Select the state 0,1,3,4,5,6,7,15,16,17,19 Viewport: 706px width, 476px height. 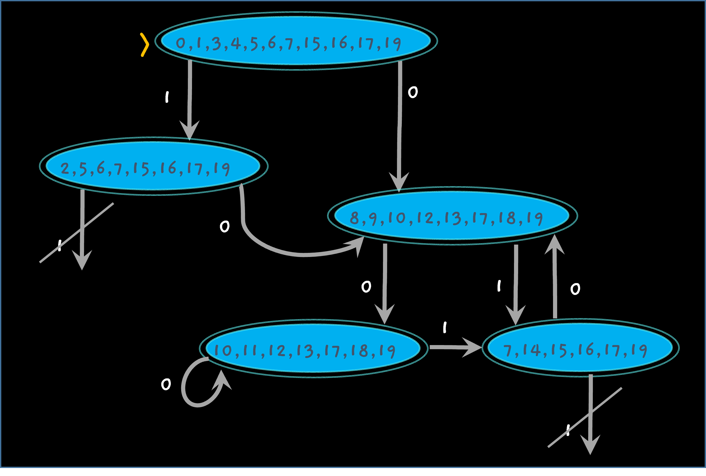point(296,41)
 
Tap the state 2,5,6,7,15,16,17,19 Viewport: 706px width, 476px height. point(153,166)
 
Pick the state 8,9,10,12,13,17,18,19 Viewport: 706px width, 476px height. point(452,216)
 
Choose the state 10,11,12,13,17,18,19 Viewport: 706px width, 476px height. point(313,348)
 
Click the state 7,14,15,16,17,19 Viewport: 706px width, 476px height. point(580,348)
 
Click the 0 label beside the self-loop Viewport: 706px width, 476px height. point(166,384)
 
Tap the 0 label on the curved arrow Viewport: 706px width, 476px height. point(224,227)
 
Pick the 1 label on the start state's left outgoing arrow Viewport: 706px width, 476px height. point(167,97)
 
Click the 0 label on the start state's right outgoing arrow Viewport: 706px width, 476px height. point(413,92)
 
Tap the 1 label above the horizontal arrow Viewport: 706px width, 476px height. point(445,327)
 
